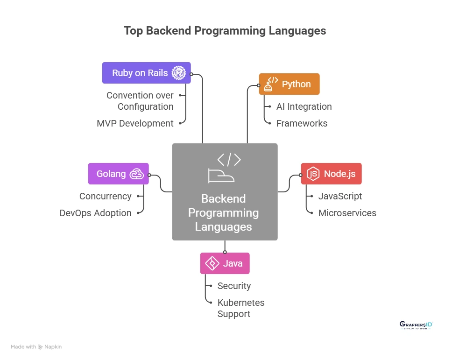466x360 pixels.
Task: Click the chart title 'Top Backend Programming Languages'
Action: (x=225, y=31)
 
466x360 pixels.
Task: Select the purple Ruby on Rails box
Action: (x=146, y=73)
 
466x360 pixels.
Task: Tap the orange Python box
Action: (x=289, y=84)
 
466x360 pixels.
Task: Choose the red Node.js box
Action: (x=331, y=174)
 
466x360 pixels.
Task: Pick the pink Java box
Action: (x=225, y=263)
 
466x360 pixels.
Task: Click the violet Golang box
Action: (x=118, y=174)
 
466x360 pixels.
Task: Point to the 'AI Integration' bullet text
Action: (x=304, y=106)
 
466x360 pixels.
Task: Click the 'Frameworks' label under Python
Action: (x=302, y=123)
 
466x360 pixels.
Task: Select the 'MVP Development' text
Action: (x=135, y=123)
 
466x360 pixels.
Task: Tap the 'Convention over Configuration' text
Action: (x=140, y=101)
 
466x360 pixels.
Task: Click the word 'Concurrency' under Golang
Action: (x=105, y=196)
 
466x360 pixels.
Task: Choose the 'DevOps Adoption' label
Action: (x=95, y=213)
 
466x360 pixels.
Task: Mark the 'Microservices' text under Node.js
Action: (x=347, y=213)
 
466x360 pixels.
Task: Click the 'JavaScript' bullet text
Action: (x=340, y=196)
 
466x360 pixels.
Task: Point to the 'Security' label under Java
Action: (x=234, y=286)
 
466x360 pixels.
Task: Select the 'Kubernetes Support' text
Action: (x=240, y=308)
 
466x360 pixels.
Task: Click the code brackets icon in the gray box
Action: (x=229, y=160)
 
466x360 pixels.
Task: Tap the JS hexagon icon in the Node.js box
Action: (x=313, y=174)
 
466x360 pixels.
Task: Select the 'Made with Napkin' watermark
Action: (x=36, y=347)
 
